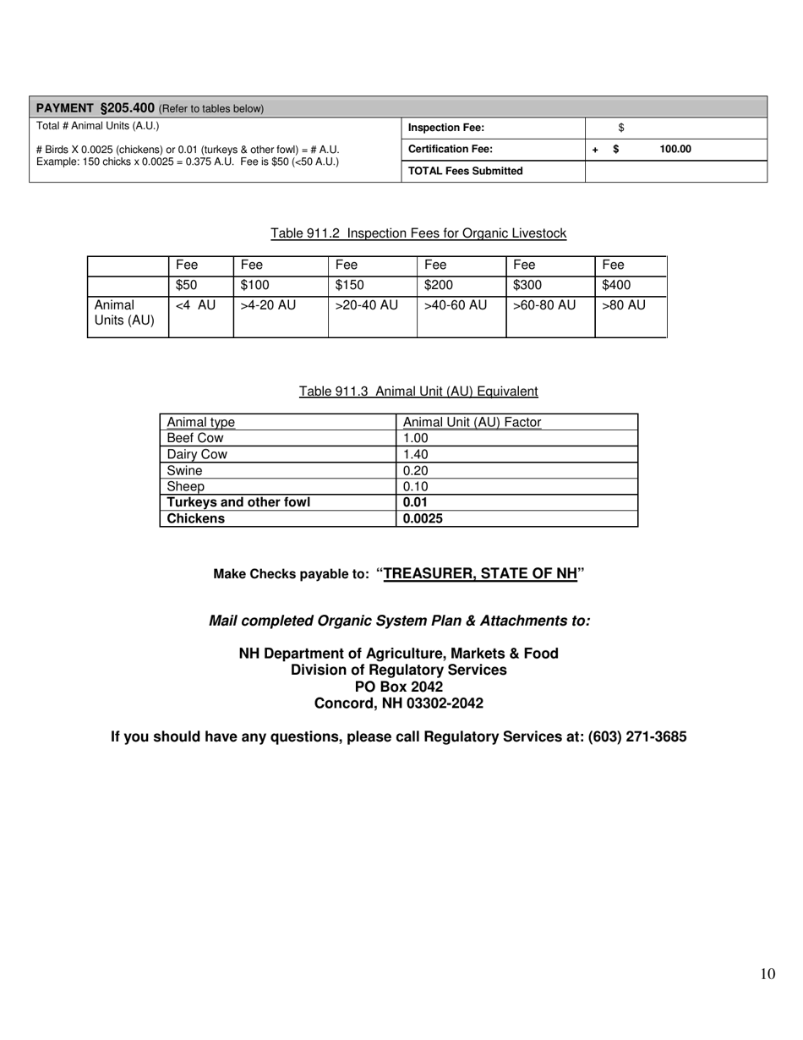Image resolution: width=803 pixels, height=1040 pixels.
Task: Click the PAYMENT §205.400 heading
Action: pos(96,108)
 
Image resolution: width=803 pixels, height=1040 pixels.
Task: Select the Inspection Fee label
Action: pos(446,128)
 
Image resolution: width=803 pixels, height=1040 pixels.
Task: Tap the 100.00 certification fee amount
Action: pos(675,150)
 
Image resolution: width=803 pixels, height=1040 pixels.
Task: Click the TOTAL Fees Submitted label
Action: pos(465,171)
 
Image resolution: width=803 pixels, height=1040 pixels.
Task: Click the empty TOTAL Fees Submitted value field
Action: pos(675,171)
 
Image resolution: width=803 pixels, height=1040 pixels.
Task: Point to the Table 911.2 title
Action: pos(418,233)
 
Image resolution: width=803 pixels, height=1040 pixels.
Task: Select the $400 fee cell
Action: pos(615,286)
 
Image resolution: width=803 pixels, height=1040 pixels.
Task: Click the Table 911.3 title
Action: pos(418,391)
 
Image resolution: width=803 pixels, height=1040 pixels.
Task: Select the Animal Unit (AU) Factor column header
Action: pos(472,422)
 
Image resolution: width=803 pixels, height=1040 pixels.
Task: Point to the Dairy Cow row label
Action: pos(197,454)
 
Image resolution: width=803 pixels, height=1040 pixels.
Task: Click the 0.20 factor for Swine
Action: pos(416,470)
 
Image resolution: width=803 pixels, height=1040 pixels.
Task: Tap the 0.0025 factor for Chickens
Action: pos(423,518)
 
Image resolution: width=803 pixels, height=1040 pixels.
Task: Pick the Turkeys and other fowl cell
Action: pos(238,502)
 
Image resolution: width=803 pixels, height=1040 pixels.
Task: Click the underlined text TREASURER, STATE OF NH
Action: pos(480,573)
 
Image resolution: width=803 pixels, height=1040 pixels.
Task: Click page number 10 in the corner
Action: pos(767,974)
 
